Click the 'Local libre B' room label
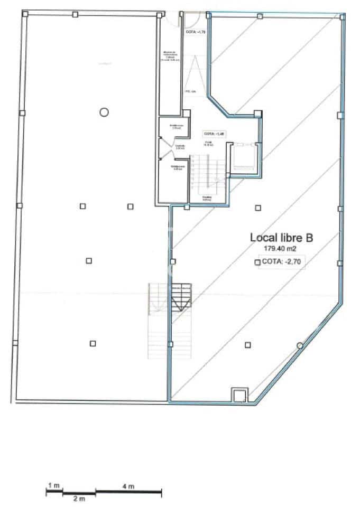pyautogui.click(x=281, y=238)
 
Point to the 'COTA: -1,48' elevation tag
pyautogui.click(x=215, y=134)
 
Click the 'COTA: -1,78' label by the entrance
pyautogui.click(x=196, y=32)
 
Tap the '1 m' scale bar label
pyautogui.click(x=53, y=485)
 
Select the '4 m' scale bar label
pyautogui.click(x=128, y=485)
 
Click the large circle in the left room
pyautogui.click(x=104, y=111)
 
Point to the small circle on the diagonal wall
pyautogui.click(x=300, y=346)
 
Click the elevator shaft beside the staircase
pyautogui.click(x=244, y=156)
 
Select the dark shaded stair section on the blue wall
pyautogui.click(x=181, y=297)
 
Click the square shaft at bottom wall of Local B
pyautogui.click(x=239, y=395)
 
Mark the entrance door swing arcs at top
pyautogui.click(x=181, y=20)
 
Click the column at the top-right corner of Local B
pyautogui.click(x=343, y=17)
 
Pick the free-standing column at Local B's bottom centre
pyautogui.click(x=248, y=345)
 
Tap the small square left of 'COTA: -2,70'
pyautogui.click(x=257, y=261)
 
